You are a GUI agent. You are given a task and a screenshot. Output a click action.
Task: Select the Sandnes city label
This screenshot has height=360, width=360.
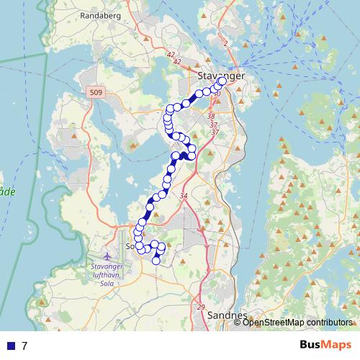tap(227, 315)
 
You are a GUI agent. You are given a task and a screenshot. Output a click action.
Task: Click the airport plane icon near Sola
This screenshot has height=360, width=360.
tap(108, 256)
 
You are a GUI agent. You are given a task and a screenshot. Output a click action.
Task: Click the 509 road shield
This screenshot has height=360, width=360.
tap(96, 92)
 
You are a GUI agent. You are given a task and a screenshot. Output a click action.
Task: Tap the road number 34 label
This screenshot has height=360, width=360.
tap(184, 197)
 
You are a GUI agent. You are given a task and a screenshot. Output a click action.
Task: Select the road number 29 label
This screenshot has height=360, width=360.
tap(200, 308)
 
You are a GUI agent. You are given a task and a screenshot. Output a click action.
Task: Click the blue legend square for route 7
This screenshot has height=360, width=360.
tap(11, 346)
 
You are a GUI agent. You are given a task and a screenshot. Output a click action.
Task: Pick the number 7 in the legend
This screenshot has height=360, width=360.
tap(24, 346)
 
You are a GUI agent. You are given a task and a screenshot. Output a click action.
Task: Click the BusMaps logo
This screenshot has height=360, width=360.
tap(326, 345)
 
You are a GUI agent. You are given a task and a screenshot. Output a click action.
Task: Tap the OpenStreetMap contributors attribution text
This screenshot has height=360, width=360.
tap(297, 323)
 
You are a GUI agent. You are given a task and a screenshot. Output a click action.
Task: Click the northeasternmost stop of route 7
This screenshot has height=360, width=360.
tap(222, 81)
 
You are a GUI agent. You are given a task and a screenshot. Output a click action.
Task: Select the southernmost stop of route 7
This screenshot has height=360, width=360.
tap(156, 261)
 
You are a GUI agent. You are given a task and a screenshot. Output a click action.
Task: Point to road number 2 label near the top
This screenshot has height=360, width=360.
tap(225, 43)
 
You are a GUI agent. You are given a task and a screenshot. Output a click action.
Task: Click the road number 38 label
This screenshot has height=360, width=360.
tap(211, 116)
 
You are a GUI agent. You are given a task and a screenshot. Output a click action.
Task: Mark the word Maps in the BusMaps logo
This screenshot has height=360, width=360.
tap(338, 345)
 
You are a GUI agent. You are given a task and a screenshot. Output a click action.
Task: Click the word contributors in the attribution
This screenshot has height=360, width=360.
tap(328, 323)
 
